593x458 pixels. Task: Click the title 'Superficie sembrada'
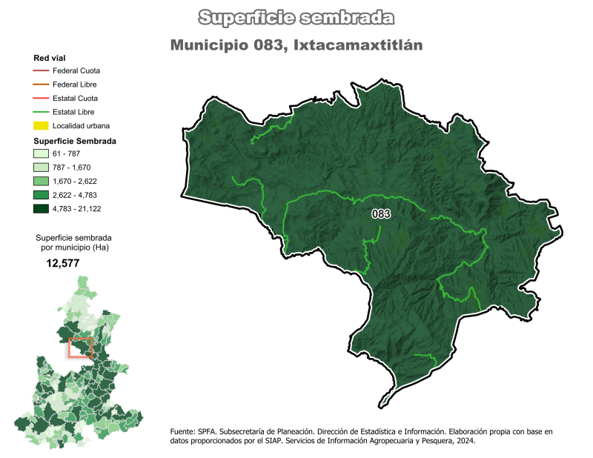click(296, 17)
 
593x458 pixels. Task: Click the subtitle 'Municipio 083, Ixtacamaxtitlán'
click(296, 44)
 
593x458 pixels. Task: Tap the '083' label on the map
click(381, 214)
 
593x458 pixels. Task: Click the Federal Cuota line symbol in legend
click(41, 70)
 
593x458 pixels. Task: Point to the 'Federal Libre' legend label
click(76, 84)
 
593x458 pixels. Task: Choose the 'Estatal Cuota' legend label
click(76, 98)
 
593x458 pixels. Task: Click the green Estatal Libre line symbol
click(41, 112)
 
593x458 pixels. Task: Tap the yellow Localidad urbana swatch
click(41, 125)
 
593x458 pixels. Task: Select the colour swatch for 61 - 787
click(41, 153)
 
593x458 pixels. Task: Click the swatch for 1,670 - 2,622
click(41, 181)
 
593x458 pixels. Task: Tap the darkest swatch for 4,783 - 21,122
click(41, 209)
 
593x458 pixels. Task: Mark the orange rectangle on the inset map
click(80, 348)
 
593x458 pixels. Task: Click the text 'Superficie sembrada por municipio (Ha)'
click(72, 242)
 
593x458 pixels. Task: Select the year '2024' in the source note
click(464, 441)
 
